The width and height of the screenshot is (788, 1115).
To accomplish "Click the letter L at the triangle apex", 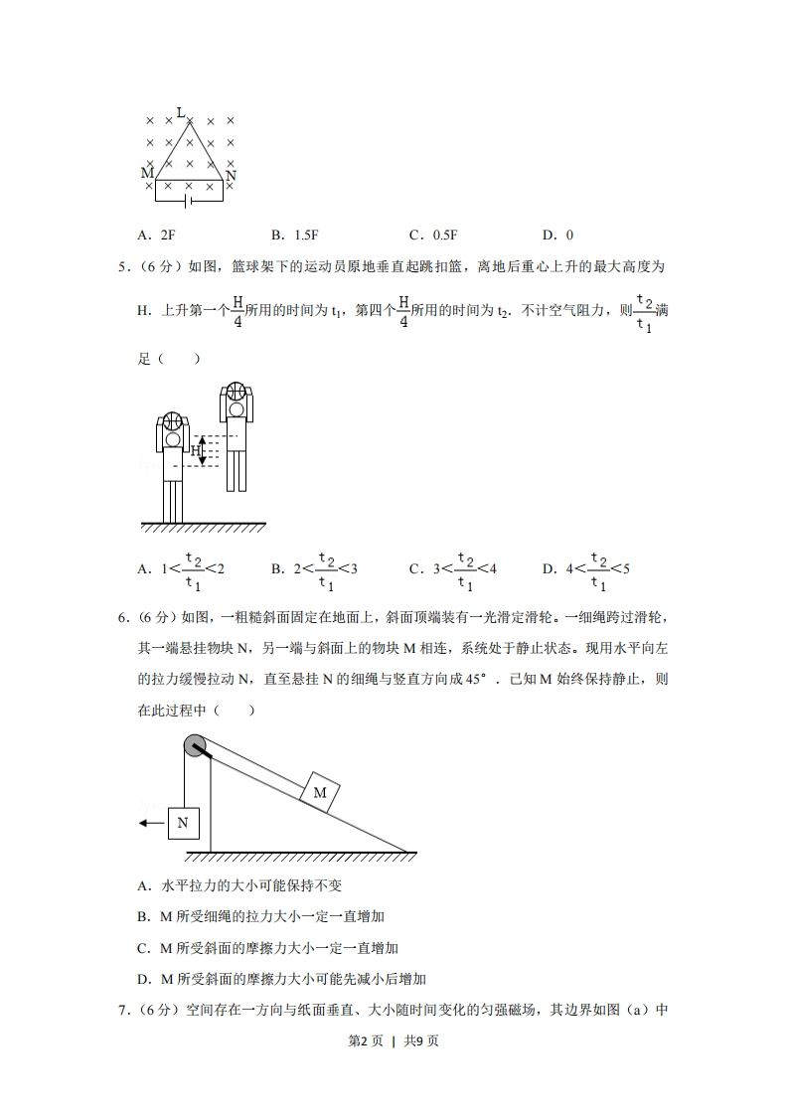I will tap(180, 112).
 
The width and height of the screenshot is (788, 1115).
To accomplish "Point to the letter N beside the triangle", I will tap(232, 176).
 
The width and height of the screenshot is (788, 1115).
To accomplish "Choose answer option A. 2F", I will tap(156, 236).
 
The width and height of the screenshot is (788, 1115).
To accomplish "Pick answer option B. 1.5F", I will tap(294, 236).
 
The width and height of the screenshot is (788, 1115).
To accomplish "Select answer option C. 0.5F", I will tap(433, 236).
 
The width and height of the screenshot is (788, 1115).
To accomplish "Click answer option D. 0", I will tap(557, 236).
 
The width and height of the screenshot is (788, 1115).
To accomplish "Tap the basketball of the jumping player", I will tap(236, 392).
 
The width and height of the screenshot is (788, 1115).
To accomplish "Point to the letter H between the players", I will tap(196, 450).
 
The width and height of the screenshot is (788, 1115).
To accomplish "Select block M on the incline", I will tap(320, 792).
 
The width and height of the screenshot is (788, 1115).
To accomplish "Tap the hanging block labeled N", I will tap(183, 822).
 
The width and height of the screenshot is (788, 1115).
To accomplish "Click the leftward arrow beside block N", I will tap(150, 823).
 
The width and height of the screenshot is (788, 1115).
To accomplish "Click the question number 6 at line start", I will tap(123, 618).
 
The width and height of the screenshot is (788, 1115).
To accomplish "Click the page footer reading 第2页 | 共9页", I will tap(394, 1069).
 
